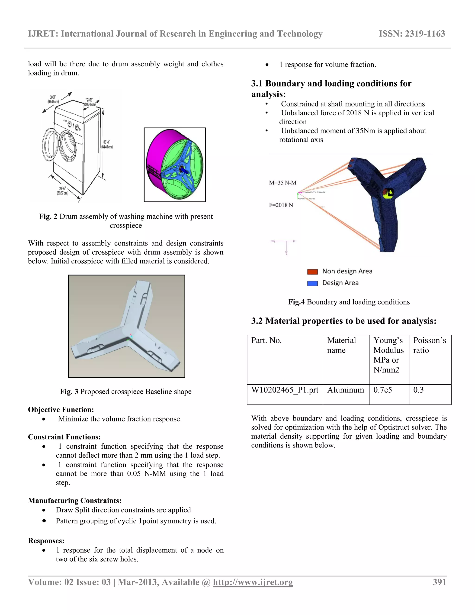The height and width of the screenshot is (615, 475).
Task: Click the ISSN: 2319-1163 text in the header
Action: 412,34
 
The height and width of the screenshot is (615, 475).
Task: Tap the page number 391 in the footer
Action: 439,582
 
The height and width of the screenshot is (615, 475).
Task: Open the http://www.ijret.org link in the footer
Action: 253,582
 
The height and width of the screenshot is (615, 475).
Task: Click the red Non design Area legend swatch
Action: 312,272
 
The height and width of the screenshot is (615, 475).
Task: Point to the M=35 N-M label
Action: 282,183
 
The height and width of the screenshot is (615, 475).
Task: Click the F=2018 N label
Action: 281,205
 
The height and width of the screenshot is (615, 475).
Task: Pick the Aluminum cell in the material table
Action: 345,390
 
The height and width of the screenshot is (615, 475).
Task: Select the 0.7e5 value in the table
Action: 382,390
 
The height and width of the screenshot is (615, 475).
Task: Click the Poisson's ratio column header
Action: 429,345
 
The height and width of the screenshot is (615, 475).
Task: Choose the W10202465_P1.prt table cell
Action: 285,390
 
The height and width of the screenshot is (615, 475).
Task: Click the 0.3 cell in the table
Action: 418,390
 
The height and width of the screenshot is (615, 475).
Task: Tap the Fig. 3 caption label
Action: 69,392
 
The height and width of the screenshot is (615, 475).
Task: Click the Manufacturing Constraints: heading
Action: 75,500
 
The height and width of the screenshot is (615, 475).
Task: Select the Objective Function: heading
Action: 61,409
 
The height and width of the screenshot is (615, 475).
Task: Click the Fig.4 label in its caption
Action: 296,302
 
